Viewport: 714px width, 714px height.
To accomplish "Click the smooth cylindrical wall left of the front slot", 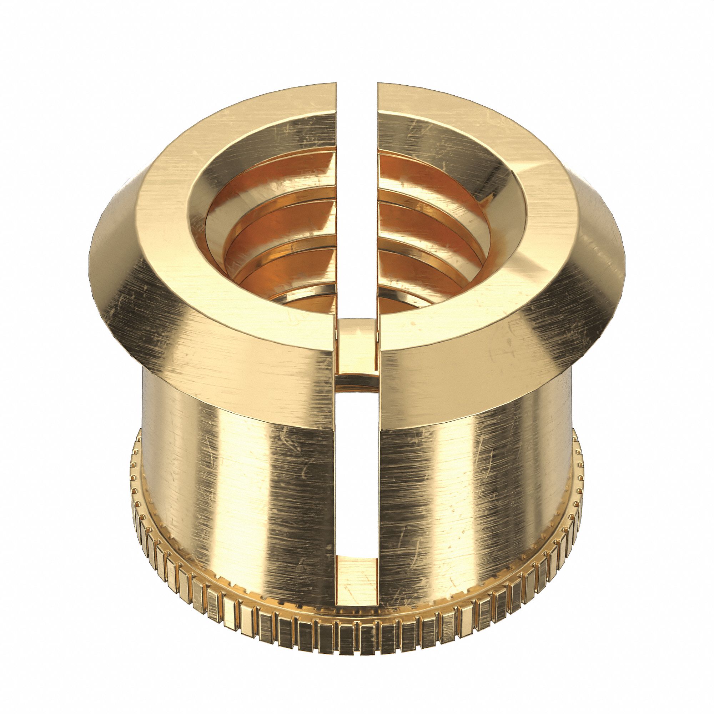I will pos(240,481).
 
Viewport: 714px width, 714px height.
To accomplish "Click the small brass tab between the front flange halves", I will pos(357,351).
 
